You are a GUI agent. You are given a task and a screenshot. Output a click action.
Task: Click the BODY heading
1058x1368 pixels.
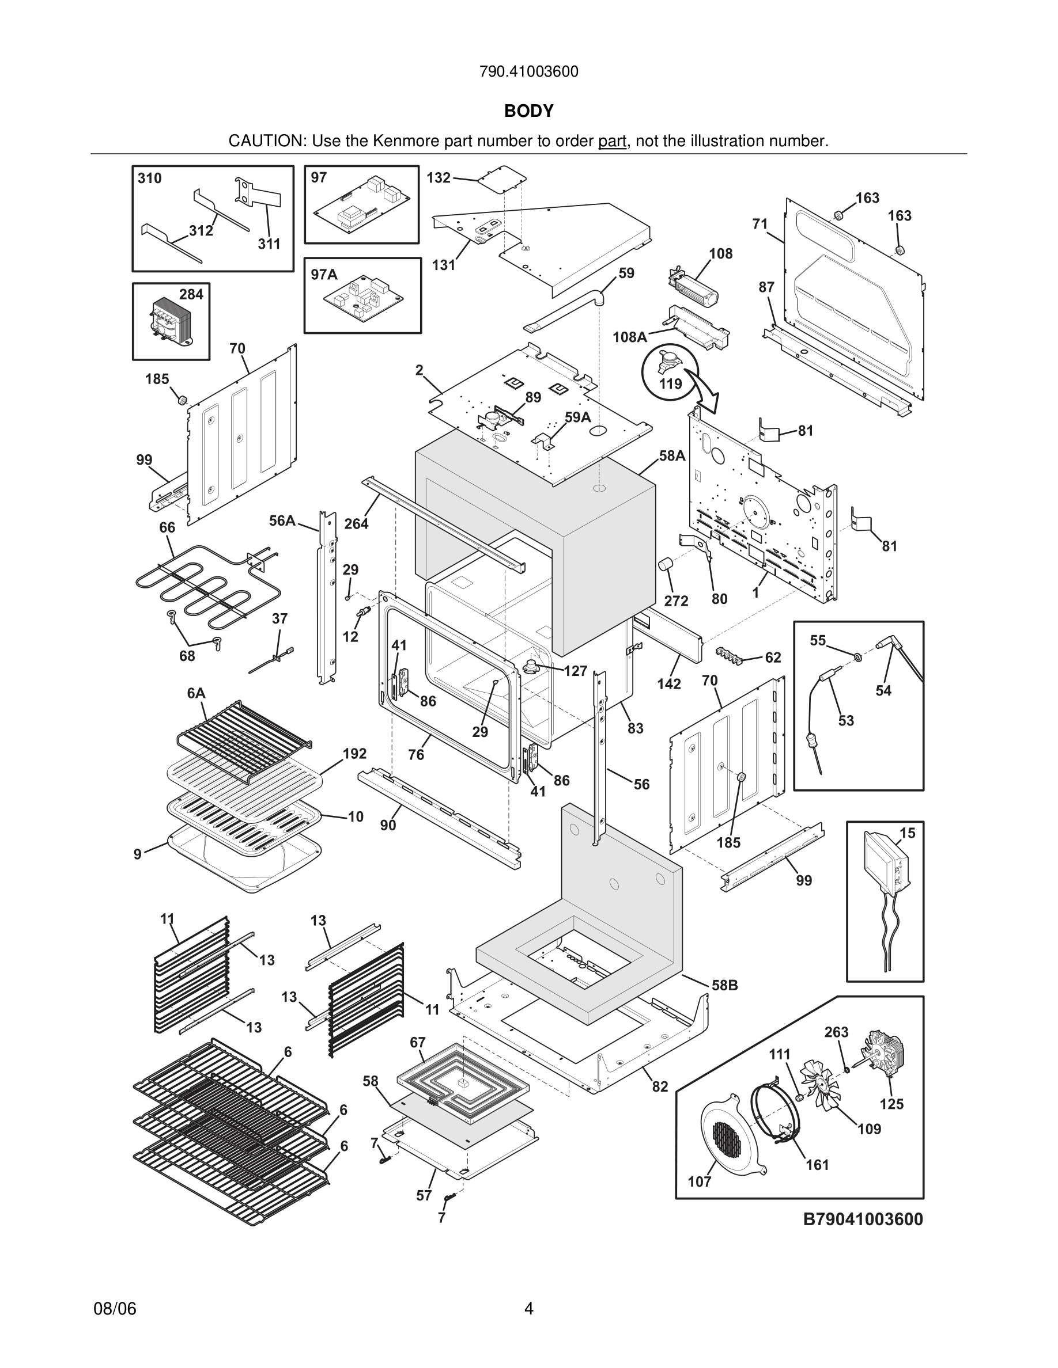(x=528, y=111)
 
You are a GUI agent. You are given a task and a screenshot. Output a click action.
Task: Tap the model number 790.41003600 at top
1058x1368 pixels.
(x=528, y=72)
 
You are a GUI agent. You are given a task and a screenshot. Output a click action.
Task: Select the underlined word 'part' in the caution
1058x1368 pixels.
(x=612, y=142)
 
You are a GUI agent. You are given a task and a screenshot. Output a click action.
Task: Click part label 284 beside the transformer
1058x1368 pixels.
(x=191, y=294)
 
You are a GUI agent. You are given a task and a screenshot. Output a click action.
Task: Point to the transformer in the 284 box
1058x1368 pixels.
(x=168, y=321)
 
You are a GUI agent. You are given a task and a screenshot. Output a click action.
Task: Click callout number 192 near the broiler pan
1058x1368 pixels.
(x=354, y=754)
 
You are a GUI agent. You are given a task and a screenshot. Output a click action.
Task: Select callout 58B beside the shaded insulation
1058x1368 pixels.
(x=724, y=985)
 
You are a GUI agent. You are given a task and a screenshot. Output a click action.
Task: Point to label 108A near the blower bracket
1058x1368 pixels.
(x=629, y=337)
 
